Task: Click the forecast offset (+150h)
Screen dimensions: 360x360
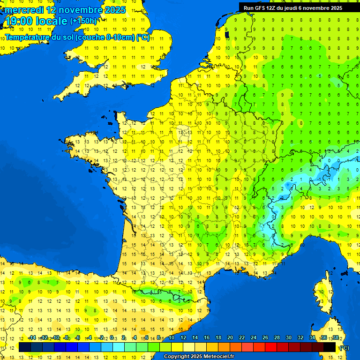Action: point(83,21)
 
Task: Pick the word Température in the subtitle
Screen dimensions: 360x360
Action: point(28,37)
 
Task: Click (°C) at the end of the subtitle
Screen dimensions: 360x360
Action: point(143,37)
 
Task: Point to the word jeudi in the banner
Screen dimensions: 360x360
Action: point(290,8)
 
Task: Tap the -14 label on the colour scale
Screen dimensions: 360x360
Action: point(32,337)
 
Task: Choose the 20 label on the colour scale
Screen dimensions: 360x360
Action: point(230,337)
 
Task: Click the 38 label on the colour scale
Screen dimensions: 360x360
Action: point(335,337)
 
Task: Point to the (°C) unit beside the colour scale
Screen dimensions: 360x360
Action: point(344,347)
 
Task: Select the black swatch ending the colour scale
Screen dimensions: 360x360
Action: point(330,347)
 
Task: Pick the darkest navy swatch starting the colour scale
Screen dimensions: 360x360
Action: point(25,347)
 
